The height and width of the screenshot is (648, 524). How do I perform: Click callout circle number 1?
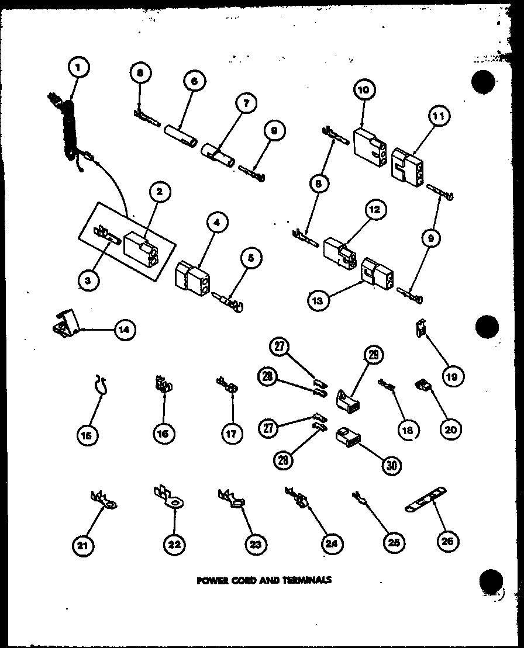point(78,68)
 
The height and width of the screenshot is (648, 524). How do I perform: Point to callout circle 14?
point(124,330)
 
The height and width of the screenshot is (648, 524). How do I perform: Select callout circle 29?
point(373,355)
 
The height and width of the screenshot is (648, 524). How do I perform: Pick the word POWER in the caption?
point(209,580)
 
